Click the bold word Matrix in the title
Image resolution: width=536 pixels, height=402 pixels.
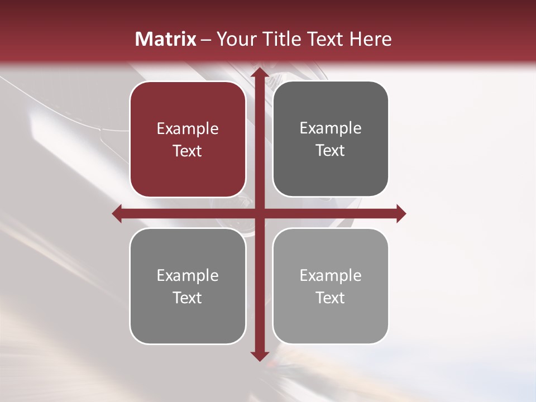166,39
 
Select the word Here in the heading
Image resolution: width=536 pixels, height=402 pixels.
370,39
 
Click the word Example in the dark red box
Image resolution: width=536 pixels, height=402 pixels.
188,129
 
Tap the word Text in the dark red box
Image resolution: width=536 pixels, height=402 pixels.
188,151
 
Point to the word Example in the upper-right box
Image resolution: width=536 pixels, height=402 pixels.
331,128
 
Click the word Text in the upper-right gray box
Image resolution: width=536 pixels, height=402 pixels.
331,151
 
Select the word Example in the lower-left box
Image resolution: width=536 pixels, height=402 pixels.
188,275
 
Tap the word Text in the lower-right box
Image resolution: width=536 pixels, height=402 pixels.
331,298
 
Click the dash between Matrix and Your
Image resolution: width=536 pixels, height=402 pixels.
206,40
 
